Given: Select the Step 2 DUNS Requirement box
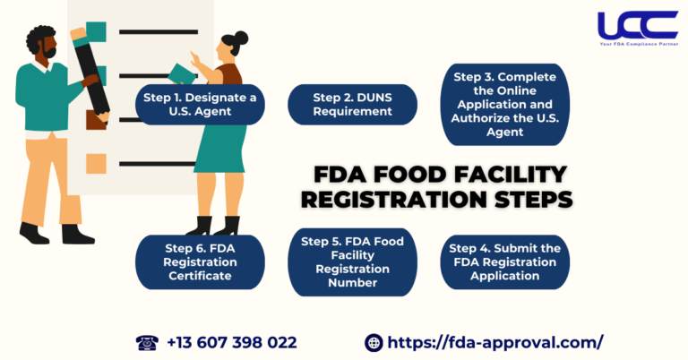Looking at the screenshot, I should click(352, 104).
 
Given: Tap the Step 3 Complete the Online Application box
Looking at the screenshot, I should click(506, 104).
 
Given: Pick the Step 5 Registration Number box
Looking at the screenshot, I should click(352, 261).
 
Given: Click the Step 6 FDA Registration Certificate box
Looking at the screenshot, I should click(200, 261).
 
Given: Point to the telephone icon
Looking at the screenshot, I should click(147, 342).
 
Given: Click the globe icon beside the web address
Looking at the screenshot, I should click(374, 342).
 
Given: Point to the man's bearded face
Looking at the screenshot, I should click(45, 49).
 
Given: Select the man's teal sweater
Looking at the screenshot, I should click(45, 103).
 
